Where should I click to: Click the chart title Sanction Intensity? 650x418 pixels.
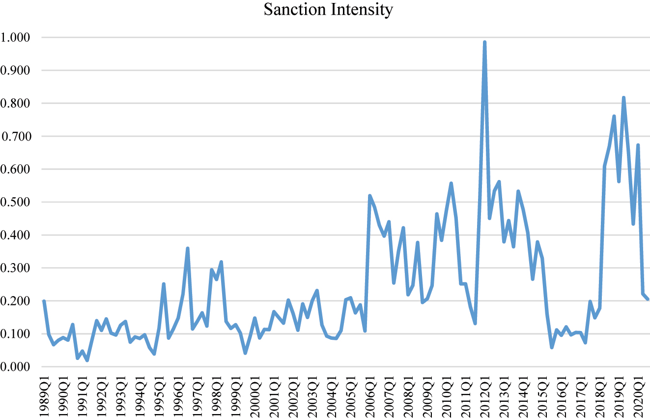[328, 10]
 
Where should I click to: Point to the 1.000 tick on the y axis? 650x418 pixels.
[16, 37]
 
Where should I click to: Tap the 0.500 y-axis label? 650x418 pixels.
[16, 202]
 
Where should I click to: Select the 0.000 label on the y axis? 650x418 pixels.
[16, 367]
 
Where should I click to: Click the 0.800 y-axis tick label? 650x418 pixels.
[16, 103]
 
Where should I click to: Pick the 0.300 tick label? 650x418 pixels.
[16, 268]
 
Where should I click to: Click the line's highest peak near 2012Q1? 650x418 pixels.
[484, 42]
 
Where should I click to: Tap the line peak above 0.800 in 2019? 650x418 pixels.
[623, 97]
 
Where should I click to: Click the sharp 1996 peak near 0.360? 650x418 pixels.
[188, 248]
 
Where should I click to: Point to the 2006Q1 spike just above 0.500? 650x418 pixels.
[369, 196]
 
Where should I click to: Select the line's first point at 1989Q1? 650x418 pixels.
[44, 301]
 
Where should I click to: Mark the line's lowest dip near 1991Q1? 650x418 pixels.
[87, 360]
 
